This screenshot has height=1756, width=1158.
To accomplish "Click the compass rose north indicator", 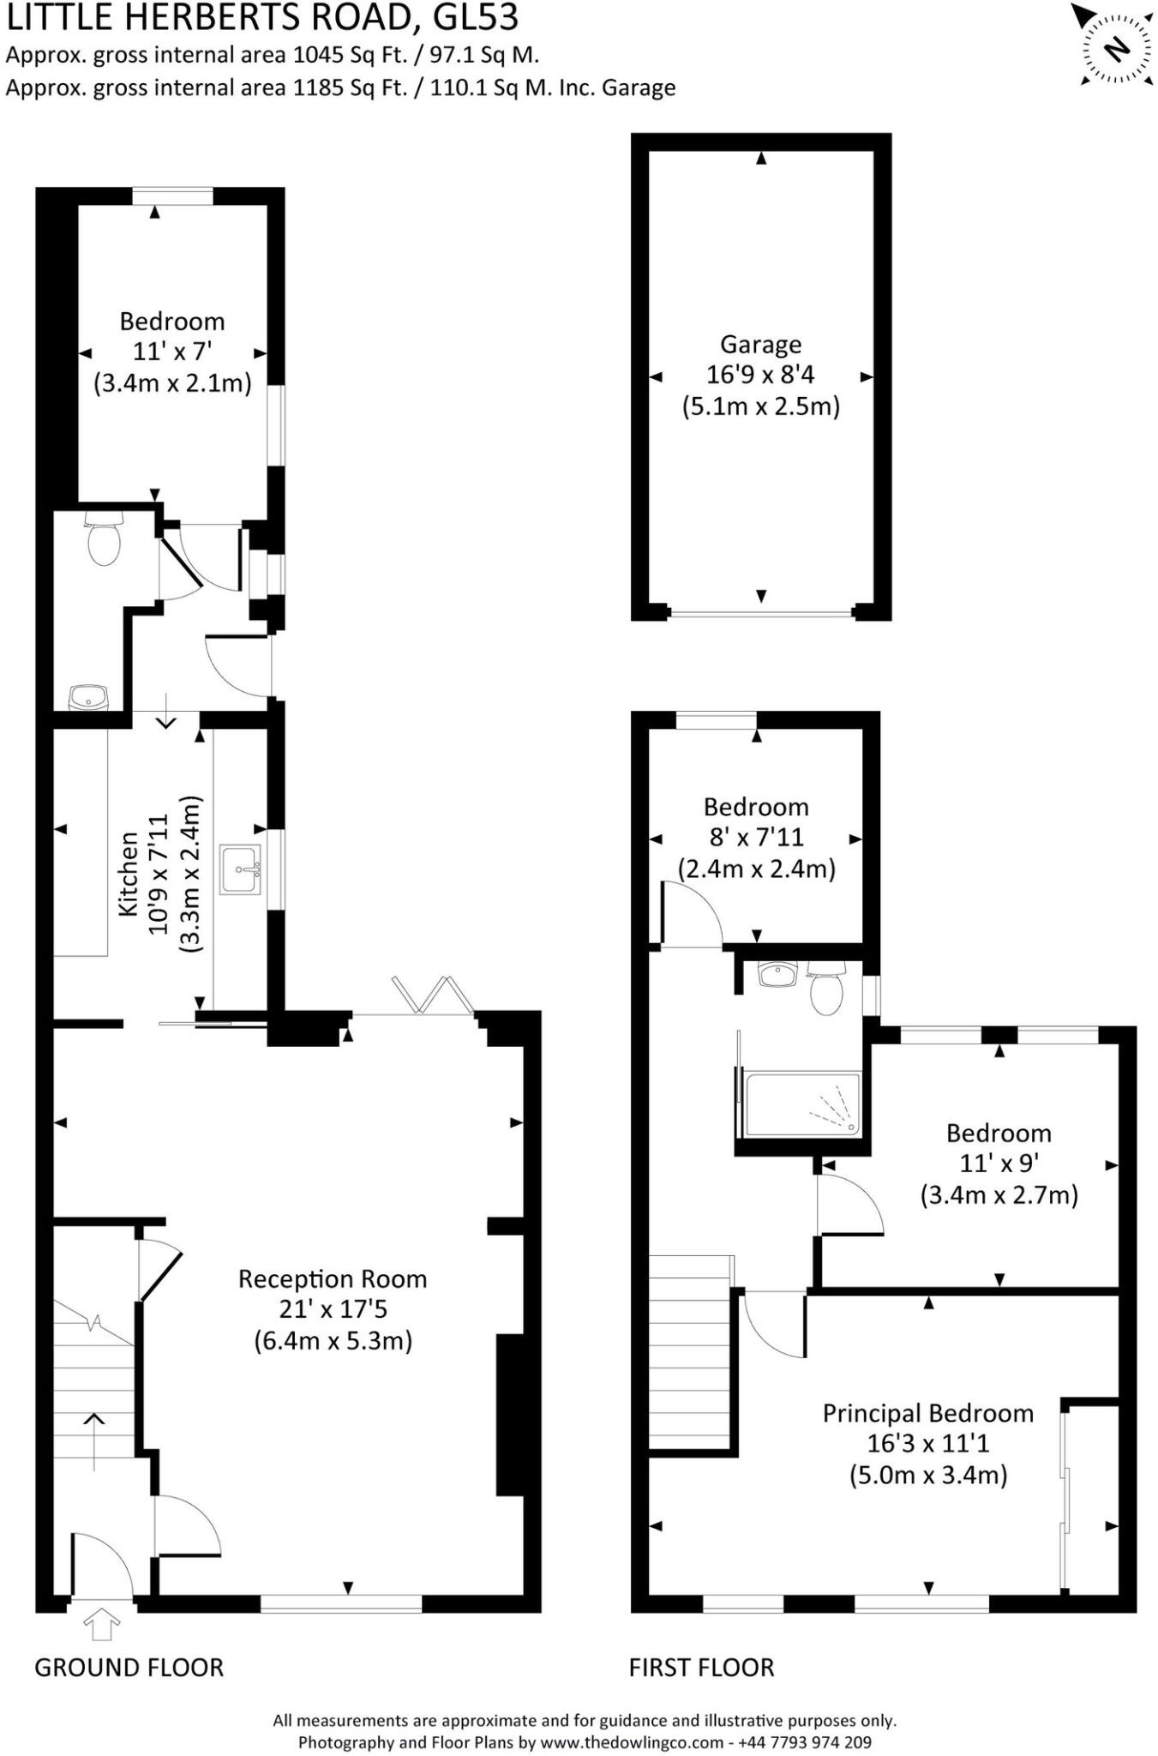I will tap(1115, 49).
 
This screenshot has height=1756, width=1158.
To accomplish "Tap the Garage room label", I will tap(760, 345).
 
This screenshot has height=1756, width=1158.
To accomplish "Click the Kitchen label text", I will tap(128, 874).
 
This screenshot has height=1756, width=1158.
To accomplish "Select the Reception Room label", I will tap(333, 1279).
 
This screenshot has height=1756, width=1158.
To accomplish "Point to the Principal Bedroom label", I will tap(927, 1413).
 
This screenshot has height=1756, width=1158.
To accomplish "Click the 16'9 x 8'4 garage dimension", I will tap(760, 375).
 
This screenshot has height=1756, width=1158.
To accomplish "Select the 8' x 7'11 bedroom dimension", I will tap(756, 837).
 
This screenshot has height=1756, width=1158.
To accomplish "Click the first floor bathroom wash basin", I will tap(778, 975).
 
